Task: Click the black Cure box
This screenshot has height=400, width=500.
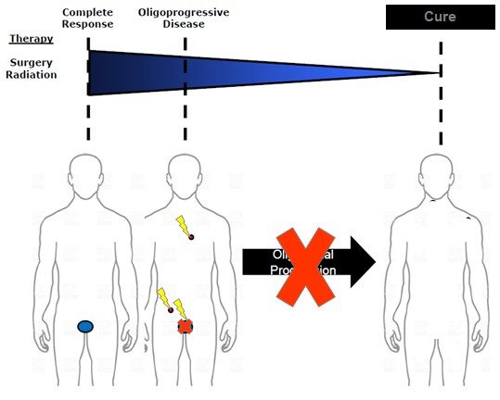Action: point(440,18)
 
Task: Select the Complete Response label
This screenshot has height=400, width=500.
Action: point(87,19)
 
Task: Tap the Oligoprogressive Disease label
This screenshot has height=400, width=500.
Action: point(184,19)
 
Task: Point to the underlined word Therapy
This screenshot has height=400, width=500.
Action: point(31,39)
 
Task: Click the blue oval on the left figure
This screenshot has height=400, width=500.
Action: point(85,326)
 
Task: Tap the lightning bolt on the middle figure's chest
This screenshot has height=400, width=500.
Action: point(182,225)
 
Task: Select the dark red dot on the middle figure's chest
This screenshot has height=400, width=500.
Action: point(191,238)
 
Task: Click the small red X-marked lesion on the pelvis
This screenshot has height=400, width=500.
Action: point(185,327)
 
